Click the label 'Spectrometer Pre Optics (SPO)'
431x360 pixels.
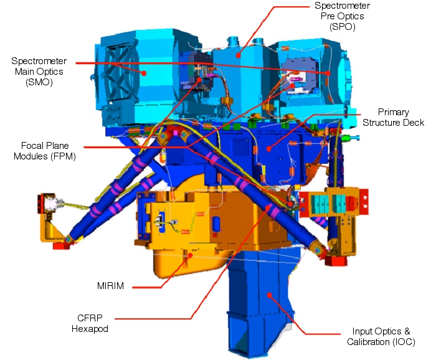(x=342, y=16)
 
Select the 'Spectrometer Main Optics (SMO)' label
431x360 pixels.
(x=39, y=72)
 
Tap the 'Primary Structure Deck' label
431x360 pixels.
(x=393, y=117)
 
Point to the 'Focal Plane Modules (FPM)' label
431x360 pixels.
(x=45, y=151)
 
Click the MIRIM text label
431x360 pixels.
(x=110, y=286)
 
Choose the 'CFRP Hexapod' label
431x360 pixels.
(x=90, y=323)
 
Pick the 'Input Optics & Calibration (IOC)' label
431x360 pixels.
(x=381, y=336)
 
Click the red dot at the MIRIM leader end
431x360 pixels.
(x=190, y=255)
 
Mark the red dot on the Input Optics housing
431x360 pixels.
(x=270, y=295)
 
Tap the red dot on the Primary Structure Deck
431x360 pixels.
(x=268, y=149)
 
